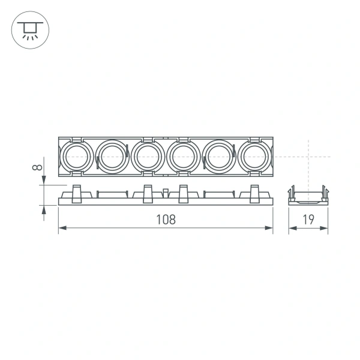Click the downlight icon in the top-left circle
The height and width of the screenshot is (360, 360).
pos(28,30)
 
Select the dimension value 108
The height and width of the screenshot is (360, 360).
pos(166,219)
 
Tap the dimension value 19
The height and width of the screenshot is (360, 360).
pos(308,219)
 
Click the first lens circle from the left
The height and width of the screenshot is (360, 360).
pos(76,157)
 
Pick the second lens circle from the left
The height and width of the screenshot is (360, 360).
pos(111,157)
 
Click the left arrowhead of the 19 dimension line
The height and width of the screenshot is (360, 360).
pos(291,228)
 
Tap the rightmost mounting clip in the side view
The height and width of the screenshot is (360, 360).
pos(254,194)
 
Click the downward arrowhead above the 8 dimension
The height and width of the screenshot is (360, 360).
pos(43,182)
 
